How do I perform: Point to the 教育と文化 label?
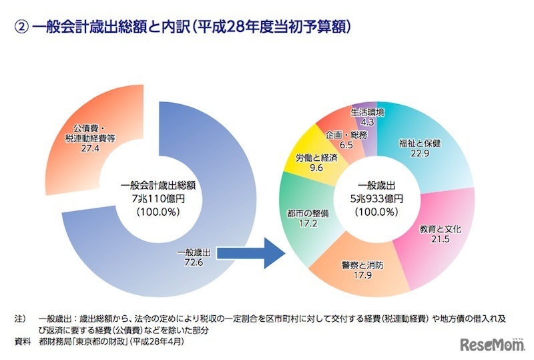[x=441, y=228]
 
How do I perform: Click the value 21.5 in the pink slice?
[x=441, y=238]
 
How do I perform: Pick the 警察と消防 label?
[x=354, y=264]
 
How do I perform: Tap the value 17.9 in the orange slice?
[x=354, y=275]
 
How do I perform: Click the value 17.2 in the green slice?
[x=302, y=224]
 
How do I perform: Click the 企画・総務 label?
[x=346, y=134]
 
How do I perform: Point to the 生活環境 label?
[x=366, y=112]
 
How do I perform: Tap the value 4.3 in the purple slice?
[x=366, y=122]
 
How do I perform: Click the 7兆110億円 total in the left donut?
[x=158, y=199]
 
